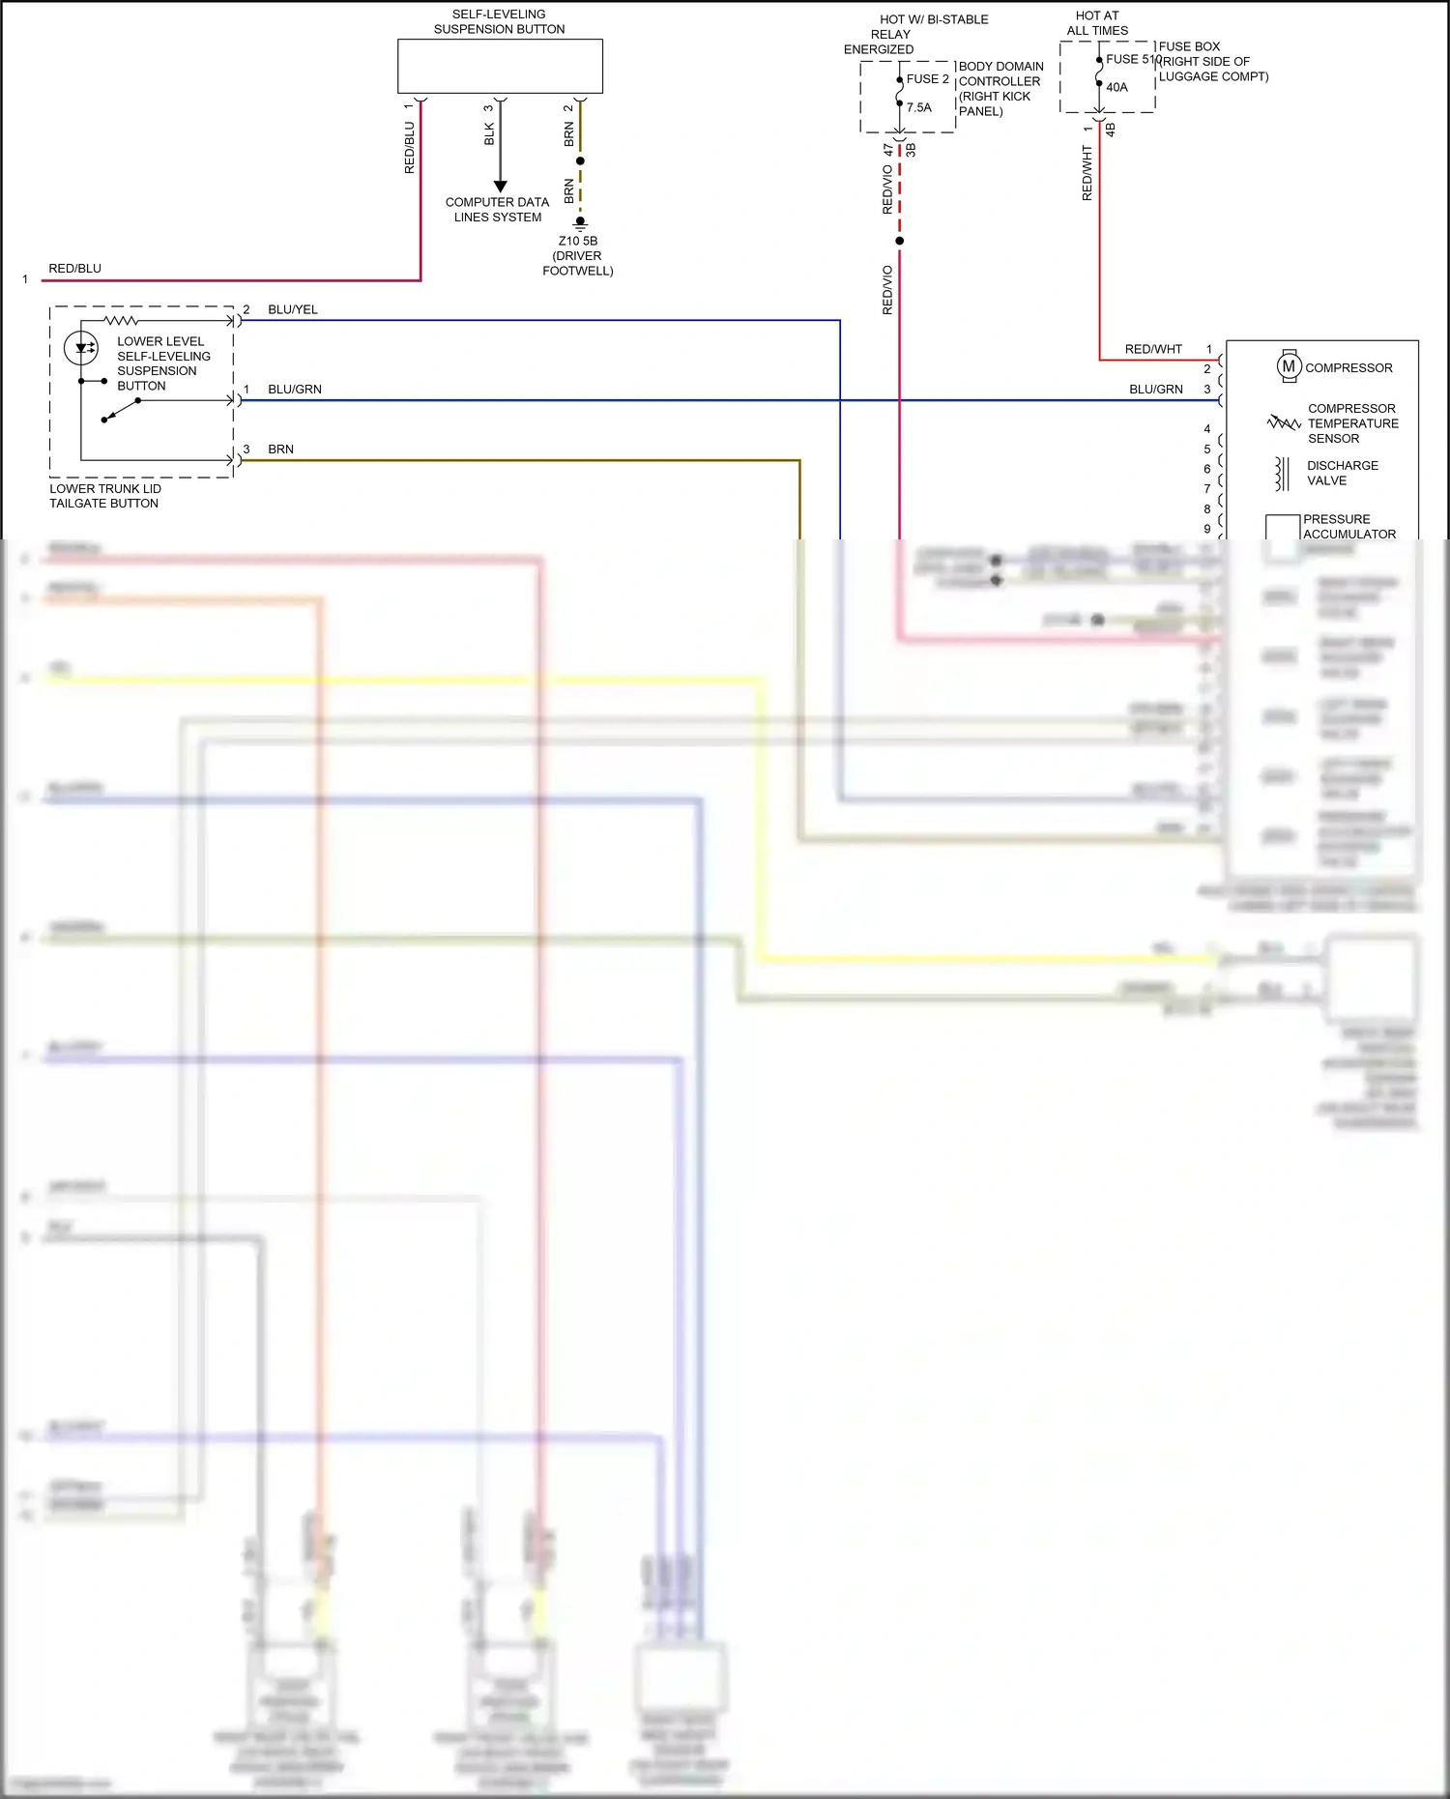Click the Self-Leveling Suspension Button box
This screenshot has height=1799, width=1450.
pos(500,66)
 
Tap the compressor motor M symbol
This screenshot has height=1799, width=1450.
pos(1289,366)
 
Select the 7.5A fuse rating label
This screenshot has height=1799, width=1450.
pos(919,107)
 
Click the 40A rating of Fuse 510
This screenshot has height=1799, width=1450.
pos(1116,87)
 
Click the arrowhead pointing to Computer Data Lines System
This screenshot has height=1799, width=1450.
pos(500,186)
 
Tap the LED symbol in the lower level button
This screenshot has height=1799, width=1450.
pos(82,347)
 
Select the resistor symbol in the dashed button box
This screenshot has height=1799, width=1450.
pos(121,320)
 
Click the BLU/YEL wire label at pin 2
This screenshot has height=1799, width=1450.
pos(293,309)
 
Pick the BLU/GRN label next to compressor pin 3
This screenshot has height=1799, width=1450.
pos(1155,390)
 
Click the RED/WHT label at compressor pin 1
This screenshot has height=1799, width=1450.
pos(1153,349)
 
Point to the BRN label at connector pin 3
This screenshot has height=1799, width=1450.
pos(280,450)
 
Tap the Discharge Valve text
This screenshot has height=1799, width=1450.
pos(1342,473)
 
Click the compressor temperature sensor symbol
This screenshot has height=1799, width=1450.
pos(1283,422)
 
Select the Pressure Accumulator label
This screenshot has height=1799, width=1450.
pos(1348,526)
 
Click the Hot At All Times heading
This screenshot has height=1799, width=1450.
pos(1097,23)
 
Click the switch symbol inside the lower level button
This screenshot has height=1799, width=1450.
pos(121,411)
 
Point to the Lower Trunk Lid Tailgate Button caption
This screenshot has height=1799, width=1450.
pos(104,496)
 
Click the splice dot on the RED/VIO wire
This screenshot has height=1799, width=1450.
pos(899,241)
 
